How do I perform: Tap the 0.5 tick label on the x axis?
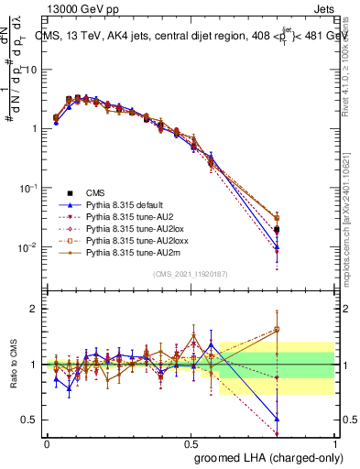(191, 443)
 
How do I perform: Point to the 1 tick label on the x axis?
(334, 443)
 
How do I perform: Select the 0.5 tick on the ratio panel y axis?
(30, 420)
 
